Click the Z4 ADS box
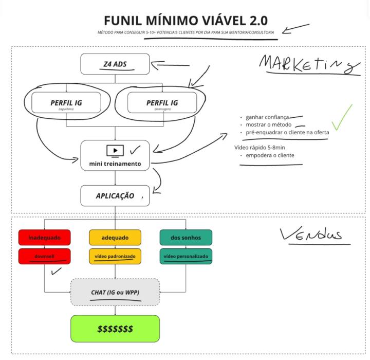tap(115, 64)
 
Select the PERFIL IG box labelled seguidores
tap(66, 103)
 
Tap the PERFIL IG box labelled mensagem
tap(162, 103)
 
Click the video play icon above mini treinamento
tap(115, 151)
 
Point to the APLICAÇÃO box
tap(115, 196)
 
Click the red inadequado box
tap(44, 238)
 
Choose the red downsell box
tap(44, 256)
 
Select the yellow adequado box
tap(115, 238)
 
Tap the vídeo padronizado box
tap(115, 256)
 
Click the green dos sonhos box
tap(186, 238)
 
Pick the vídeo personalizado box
tap(186, 256)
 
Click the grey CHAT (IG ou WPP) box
tap(115, 292)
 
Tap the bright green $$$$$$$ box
tap(115, 328)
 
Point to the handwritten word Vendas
tap(311, 235)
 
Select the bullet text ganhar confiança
tap(267, 117)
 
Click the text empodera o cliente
tap(270, 155)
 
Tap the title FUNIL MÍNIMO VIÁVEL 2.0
tap(185, 21)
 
